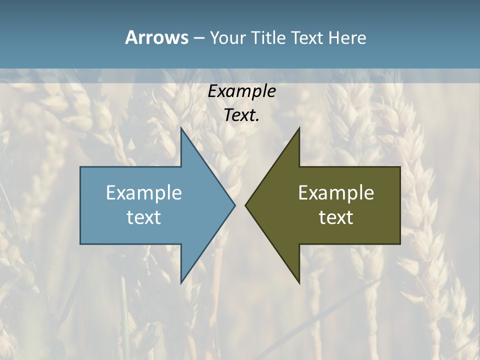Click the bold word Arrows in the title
pyautogui.click(x=156, y=37)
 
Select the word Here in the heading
pyautogui.click(x=347, y=37)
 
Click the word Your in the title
pyautogui.click(x=227, y=37)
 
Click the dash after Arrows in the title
pyautogui.click(x=198, y=38)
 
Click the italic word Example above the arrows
pyautogui.click(x=242, y=91)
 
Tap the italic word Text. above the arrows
pyautogui.click(x=242, y=115)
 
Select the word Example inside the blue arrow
pyautogui.click(x=144, y=192)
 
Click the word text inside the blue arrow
pyautogui.click(x=144, y=217)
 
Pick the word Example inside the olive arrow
pyautogui.click(x=336, y=192)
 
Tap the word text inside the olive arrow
pyautogui.click(x=336, y=217)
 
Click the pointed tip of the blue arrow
pyautogui.click(x=234, y=205)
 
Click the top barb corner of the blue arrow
pyautogui.click(x=181, y=128)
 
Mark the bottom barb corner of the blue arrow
pyautogui.click(x=181, y=283)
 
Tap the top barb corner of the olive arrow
pyautogui.click(x=299, y=128)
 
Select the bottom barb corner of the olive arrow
pyautogui.click(x=299, y=283)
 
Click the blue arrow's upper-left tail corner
pyautogui.click(x=81, y=167)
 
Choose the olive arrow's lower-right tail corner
pyautogui.click(x=399, y=243)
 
